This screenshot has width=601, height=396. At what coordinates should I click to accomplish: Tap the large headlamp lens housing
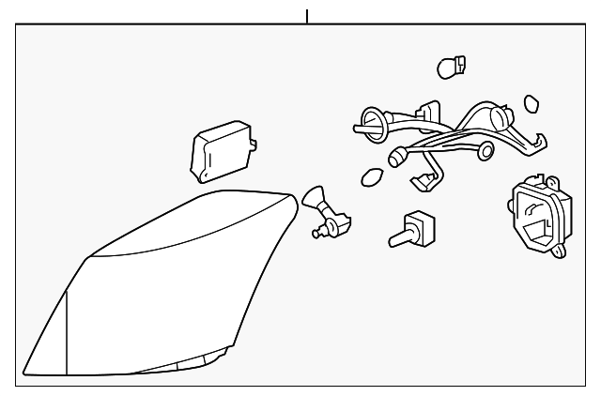coord(160,282)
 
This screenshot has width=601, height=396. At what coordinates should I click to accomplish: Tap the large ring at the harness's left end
coord(368,121)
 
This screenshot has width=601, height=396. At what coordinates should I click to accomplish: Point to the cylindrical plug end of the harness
coord(397,155)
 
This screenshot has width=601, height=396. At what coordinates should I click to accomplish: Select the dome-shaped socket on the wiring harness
coord(501,118)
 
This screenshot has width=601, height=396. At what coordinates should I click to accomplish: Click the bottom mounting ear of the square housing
coord(560,251)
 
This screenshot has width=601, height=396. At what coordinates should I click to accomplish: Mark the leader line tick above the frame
coord(306,15)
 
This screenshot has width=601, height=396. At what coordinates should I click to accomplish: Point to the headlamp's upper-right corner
coord(289,197)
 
